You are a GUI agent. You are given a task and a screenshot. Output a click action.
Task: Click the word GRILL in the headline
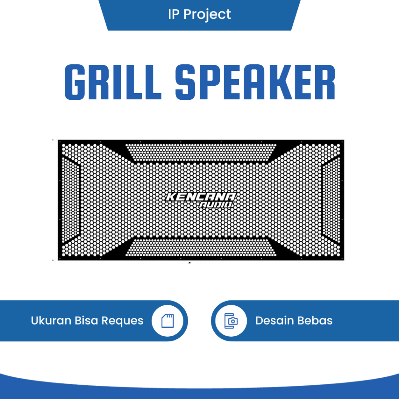click(113, 83)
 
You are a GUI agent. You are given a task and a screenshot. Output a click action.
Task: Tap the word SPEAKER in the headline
click(255, 83)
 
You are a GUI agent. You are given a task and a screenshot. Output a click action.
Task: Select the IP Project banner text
click(199, 14)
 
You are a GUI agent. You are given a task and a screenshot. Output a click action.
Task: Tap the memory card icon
click(168, 321)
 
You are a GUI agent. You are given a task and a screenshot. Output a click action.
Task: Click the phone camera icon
click(231, 321)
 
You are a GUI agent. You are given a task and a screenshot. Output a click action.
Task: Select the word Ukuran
click(51, 321)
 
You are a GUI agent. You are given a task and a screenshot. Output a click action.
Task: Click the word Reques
click(122, 321)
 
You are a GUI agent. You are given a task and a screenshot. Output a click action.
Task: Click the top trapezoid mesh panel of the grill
click(201, 152)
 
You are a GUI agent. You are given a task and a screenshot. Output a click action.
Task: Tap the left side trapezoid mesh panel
click(71, 199)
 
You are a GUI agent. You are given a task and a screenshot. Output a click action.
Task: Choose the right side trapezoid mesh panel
click(331, 199)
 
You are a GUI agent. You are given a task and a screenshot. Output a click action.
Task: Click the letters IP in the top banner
click(173, 14)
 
